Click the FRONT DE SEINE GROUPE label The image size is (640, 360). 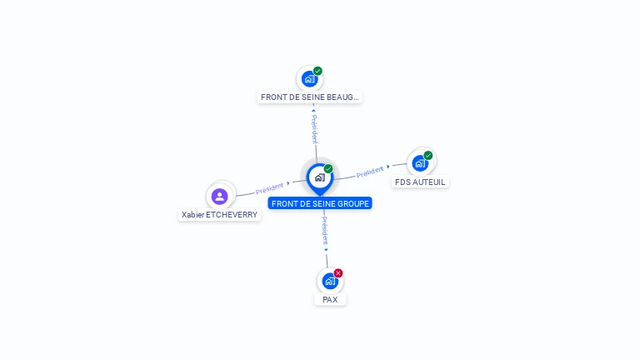click(x=320, y=203)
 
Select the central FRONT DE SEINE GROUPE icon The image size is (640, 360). click(x=319, y=177)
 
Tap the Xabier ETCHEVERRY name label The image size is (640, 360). click(x=220, y=214)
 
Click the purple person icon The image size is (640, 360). click(x=220, y=196)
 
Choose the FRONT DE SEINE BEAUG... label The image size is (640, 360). click(x=310, y=97)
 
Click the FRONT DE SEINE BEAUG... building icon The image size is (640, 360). click(x=310, y=79)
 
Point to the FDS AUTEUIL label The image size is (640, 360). click(x=420, y=182)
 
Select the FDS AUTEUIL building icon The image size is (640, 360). click(x=420, y=162)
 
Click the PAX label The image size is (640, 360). click(x=330, y=299)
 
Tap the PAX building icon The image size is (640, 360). click(x=329, y=281)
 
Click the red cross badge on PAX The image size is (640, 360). click(x=338, y=272)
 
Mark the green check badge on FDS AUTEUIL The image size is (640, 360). click(x=428, y=155)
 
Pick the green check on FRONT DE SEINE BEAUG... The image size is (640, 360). click(x=317, y=71)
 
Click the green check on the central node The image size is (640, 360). click(x=328, y=168)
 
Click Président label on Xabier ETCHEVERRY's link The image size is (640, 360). click(x=269, y=188)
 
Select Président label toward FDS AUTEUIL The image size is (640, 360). click(x=369, y=172)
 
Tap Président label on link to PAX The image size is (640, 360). click(x=325, y=229)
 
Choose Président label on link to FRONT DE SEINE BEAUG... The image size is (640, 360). click(x=314, y=129)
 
